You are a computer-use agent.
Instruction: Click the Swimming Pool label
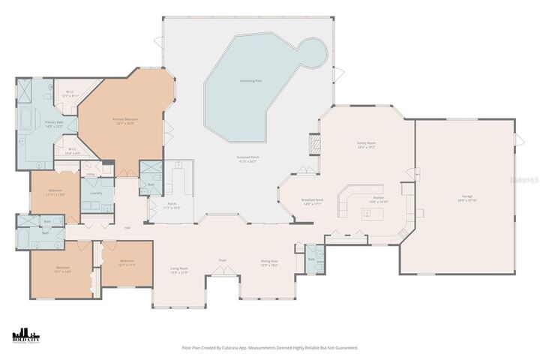(x=250, y=80)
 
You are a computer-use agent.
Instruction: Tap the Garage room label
(x=467, y=198)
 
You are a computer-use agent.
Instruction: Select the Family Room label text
(x=365, y=144)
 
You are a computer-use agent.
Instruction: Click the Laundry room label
(x=96, y=193)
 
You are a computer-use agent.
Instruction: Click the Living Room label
(x=178, y=269)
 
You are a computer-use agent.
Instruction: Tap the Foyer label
(x=223, y=260)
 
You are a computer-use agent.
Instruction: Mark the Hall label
(x=127, y=227)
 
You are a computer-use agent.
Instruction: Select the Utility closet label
(x=90, y=174)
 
